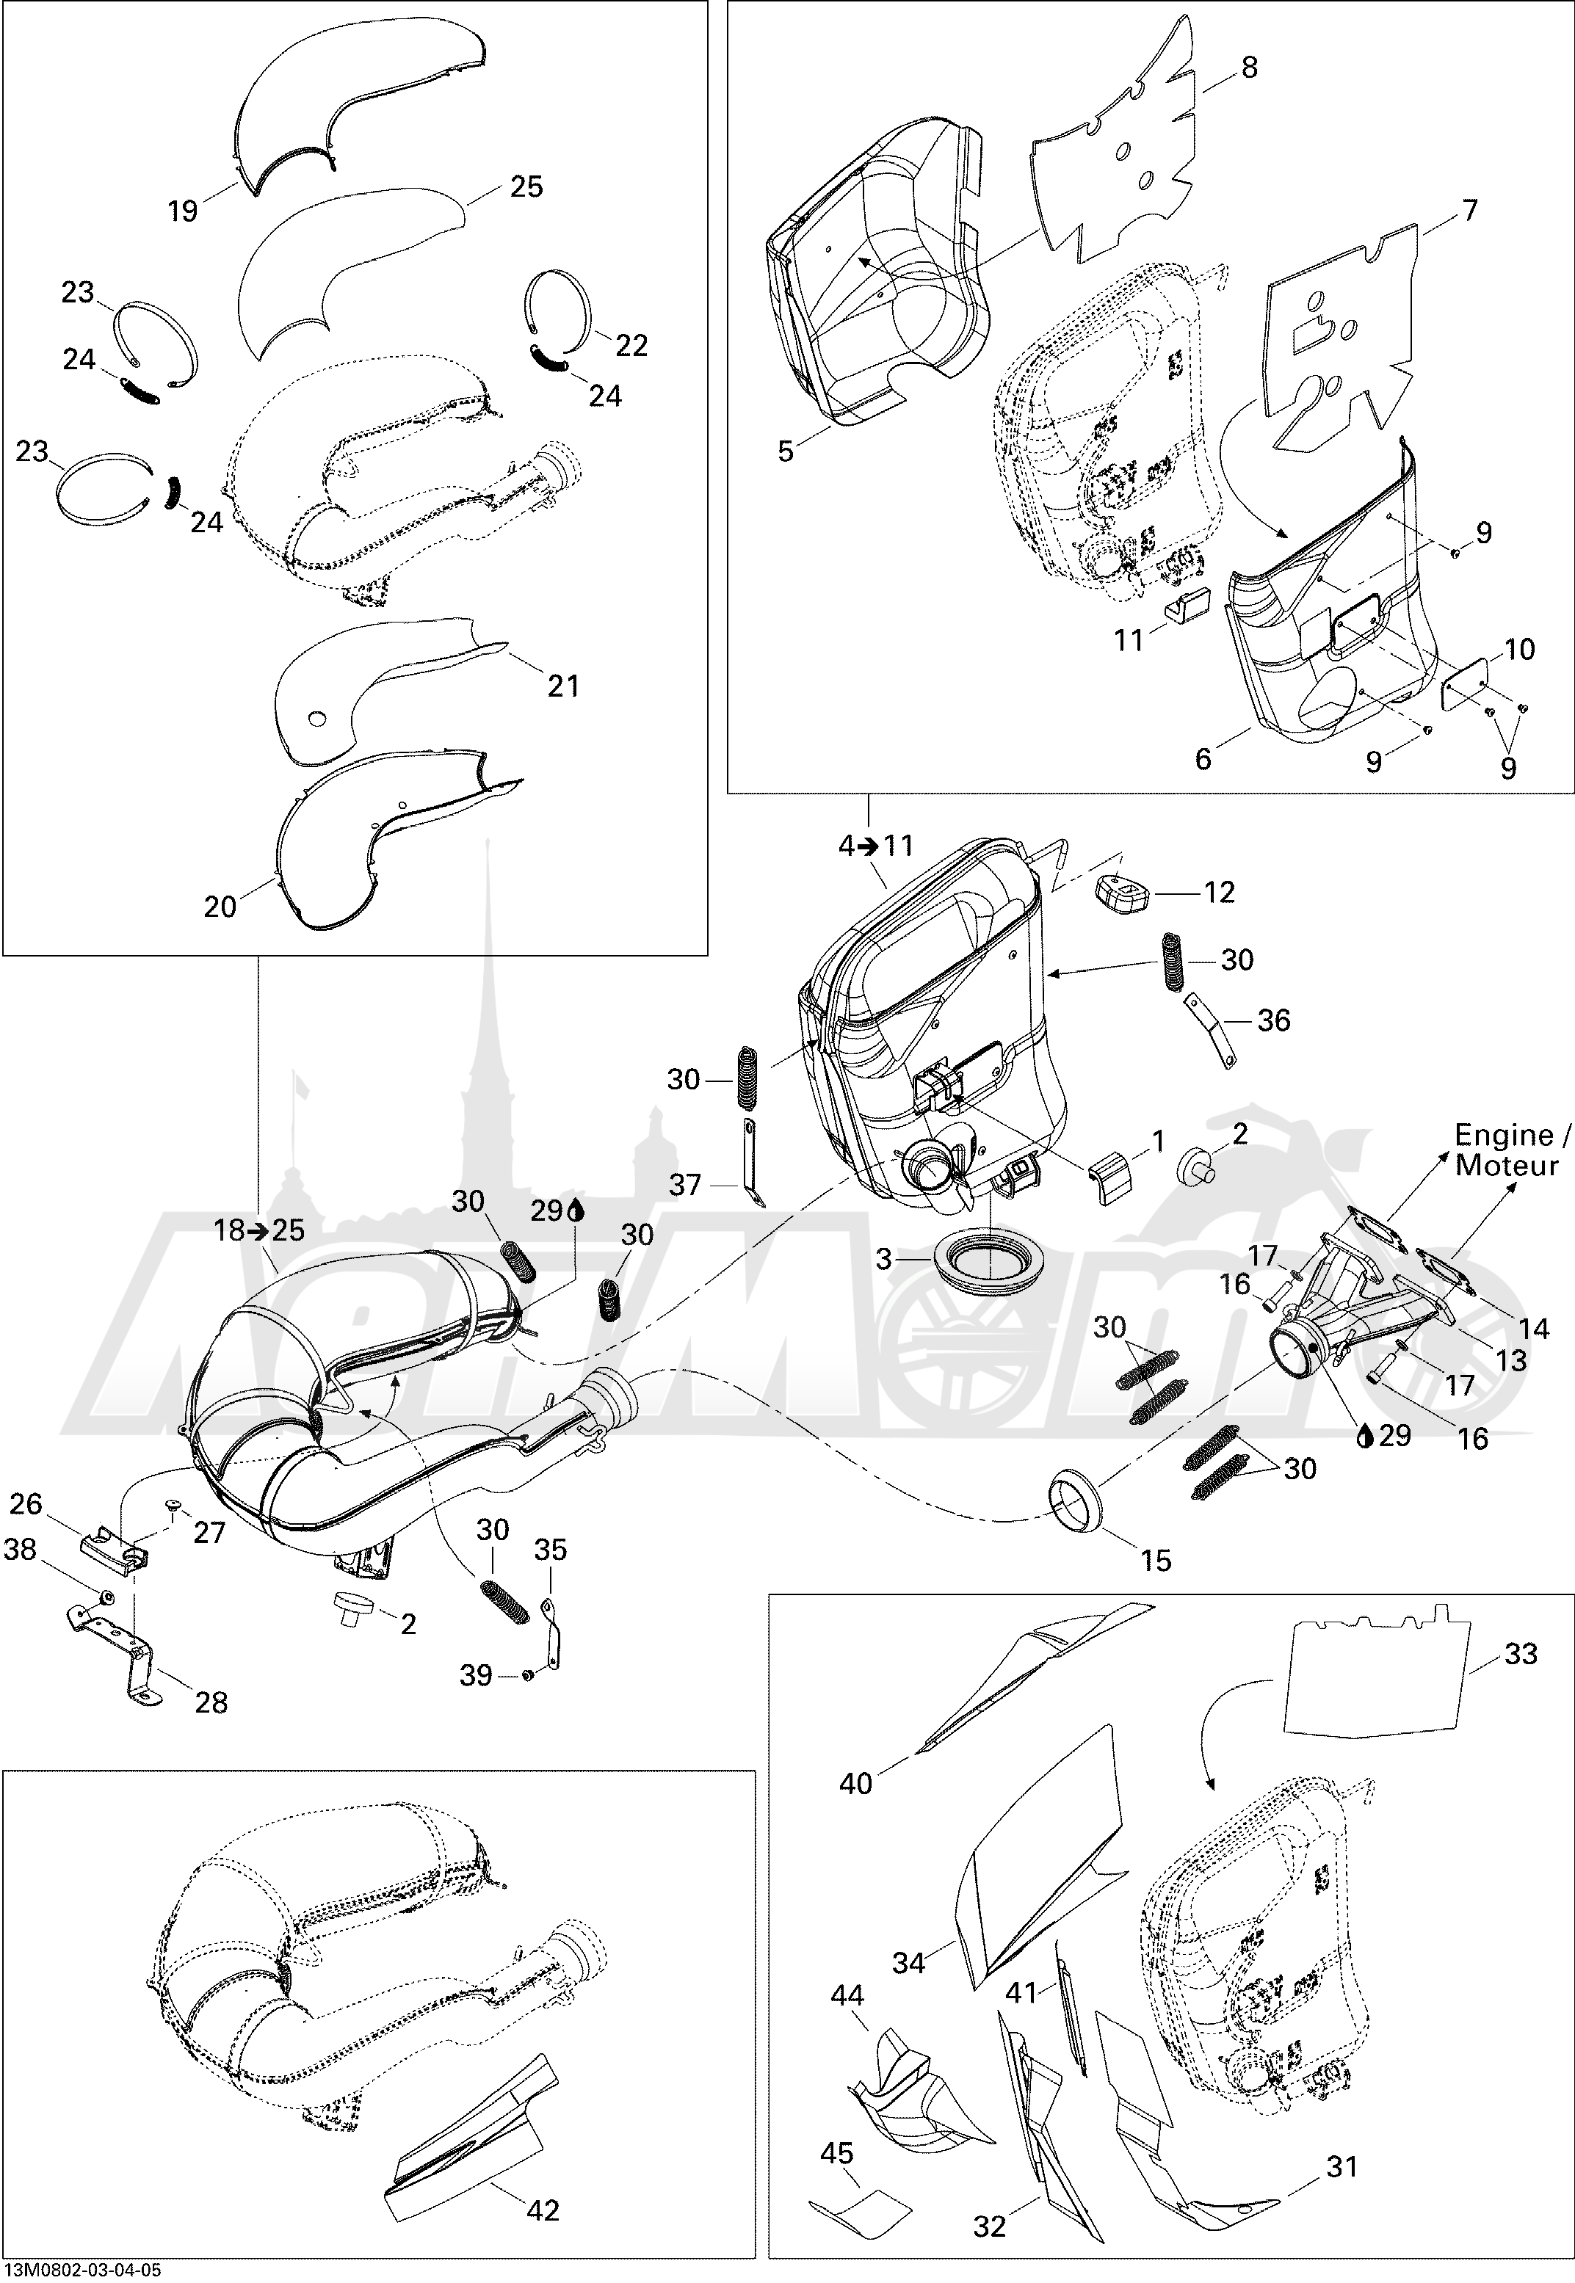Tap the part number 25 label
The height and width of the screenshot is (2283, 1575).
[x=526, y=186]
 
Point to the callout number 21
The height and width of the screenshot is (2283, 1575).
[x=563, y=686]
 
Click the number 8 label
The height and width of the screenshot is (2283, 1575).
[x=1249, y=68]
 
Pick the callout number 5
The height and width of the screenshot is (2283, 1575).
[x=786, y=452]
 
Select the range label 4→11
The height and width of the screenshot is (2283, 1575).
[x=876, y=846]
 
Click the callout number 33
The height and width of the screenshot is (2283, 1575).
[x=1521, y=1654]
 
